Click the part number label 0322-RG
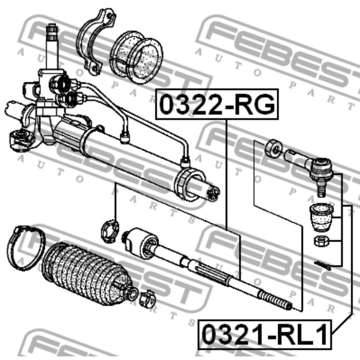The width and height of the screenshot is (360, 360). pos(217,104)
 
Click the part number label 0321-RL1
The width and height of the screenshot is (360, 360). pos(265,334)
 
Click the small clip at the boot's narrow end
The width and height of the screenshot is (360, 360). pos(147,298)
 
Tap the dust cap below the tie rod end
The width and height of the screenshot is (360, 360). pos(321,217)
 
